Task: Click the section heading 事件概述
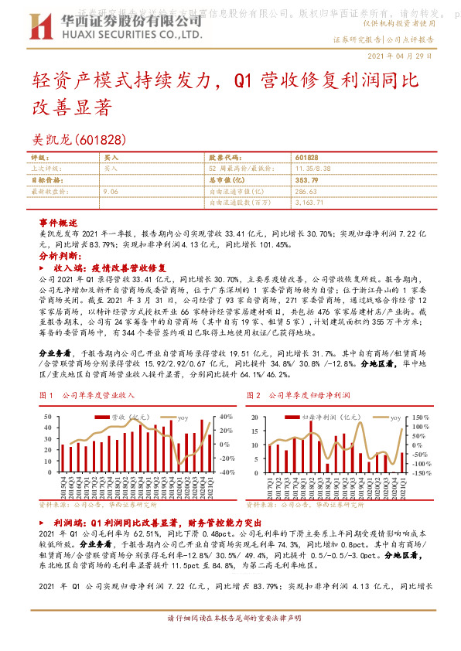coord(58,222)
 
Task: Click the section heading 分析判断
coord(58,254)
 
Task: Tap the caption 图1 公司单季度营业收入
coord(87,395)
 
